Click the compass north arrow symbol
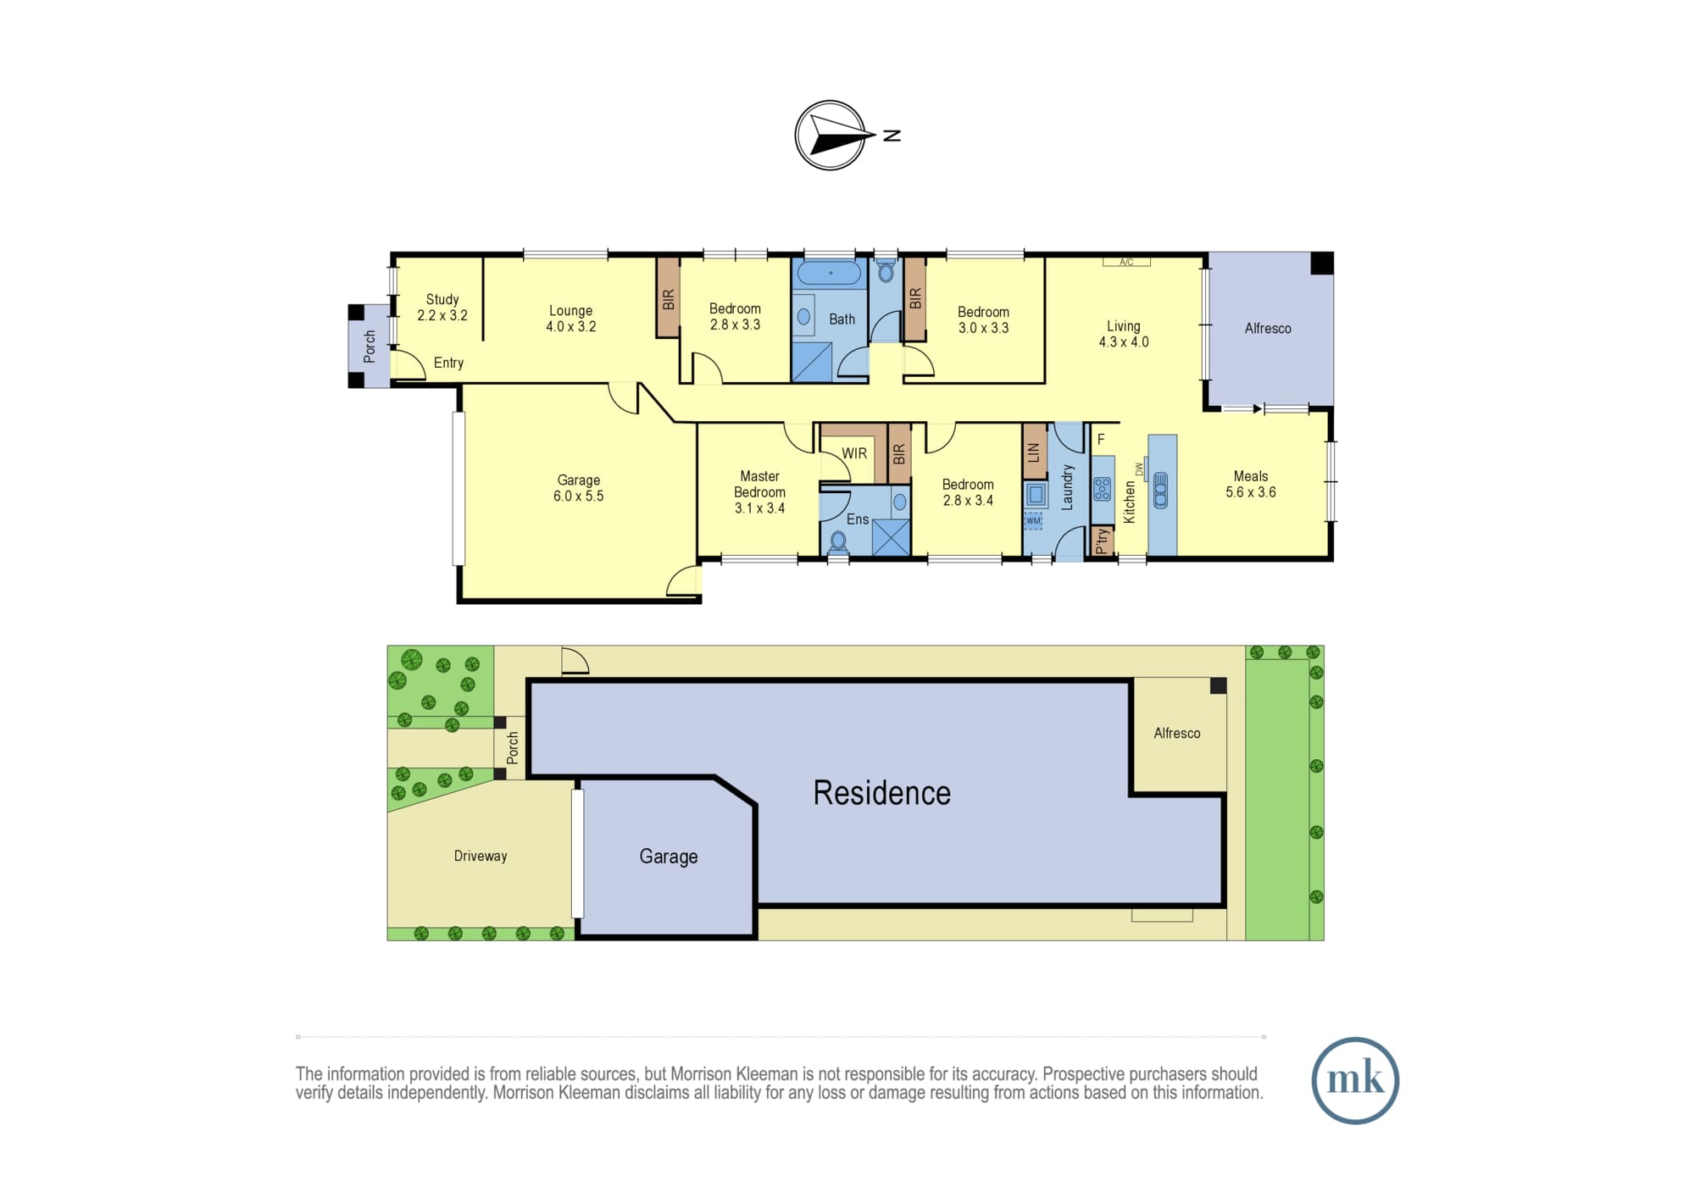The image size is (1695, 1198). point(831,136)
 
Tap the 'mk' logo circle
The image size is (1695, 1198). point(1355,1080)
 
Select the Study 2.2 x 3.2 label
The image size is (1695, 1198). point(442,307)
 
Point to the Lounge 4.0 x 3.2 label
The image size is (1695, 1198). point(570,319)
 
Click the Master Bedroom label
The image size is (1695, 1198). point(759,491)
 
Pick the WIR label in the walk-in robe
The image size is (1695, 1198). point(854,453)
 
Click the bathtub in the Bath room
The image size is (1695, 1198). point(830,273)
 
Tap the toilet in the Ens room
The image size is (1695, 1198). point(838,541)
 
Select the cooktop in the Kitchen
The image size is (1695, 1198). point(1102,489)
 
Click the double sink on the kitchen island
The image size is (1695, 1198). point(1160,490)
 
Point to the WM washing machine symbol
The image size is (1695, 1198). point(1033,521)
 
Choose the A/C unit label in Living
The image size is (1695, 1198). point(1126,262)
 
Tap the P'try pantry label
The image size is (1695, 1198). point(1102,541)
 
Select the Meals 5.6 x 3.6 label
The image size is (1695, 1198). point(1251,484)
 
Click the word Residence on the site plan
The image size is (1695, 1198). point(882,793)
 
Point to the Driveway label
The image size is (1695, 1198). point(481,856)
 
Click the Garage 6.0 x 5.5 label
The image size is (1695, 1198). point(579,488)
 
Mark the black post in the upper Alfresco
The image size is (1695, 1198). point(1322,263)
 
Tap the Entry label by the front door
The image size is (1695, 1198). point(448,363)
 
